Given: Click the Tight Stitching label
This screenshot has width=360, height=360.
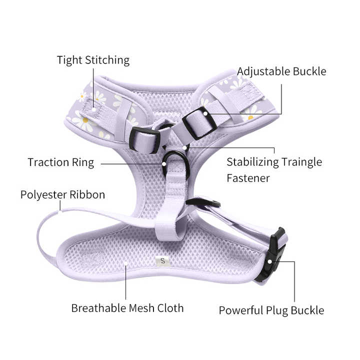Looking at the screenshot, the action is [93, 60].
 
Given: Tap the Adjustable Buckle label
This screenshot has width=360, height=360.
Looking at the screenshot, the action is [281, 71].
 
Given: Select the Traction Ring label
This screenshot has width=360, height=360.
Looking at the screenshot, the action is [60, 162].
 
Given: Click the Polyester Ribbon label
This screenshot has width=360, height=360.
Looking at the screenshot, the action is [62, 194].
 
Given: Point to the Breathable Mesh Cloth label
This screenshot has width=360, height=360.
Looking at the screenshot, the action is [127, 308].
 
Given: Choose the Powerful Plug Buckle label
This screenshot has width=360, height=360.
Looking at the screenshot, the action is [271, 310].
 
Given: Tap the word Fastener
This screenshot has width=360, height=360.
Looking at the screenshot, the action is [248, 178].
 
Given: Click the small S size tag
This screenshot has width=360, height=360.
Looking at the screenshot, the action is [162, 260].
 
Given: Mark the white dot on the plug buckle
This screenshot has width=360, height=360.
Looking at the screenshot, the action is [269, 261].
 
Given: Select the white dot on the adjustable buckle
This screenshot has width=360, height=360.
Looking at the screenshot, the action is [205, 113].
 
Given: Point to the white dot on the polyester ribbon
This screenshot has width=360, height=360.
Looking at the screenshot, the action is [59, 211].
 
